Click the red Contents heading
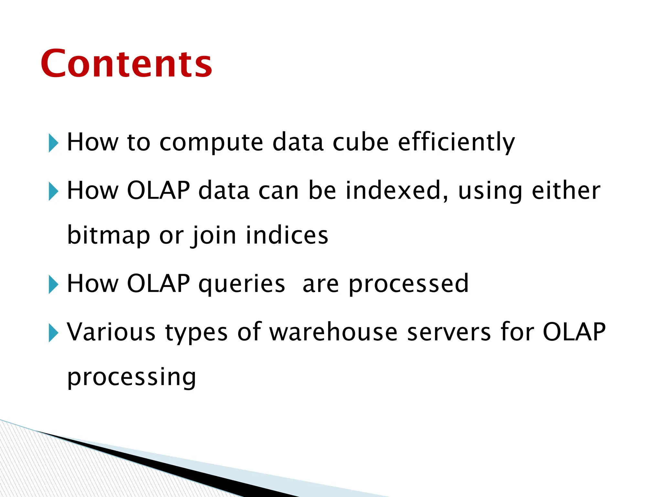pyautogui.click(x=126, y=64)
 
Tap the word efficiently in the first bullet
pyautogui.click(x=456, y=142)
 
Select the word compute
pyautogui.click(x=211, y=142)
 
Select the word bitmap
pyautogui.click(x=109, y=236)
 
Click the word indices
pyautogui.click(x=287, y=235)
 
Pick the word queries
pyautogui.click(x=241, y=284)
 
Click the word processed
pyautogui.click(x=409, y=284)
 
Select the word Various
pyautogui.click(x=111, y=332)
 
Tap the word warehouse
pyautogui.click(x=333, y=332)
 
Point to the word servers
pyautogui.click(x=449, y=332)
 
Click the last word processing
pyautogui.click(x=132, y=377)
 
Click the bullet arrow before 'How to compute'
pyautogui.click(x=53, y=143)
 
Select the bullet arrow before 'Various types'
pyautogui.click(x=53, y=333)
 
